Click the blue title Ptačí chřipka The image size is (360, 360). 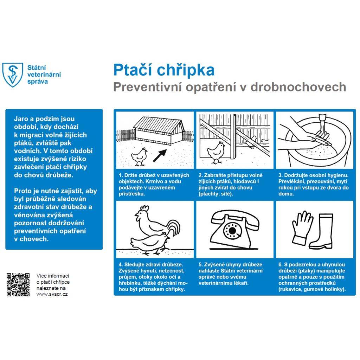point(163,70)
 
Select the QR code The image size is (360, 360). point(18,284)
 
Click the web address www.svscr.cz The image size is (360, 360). point(52,294)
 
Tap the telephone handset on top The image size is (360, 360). point(235,216)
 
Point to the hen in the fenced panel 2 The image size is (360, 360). point(216,152)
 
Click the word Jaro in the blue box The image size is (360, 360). point(21,119)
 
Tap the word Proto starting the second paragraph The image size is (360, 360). point(22,191)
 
